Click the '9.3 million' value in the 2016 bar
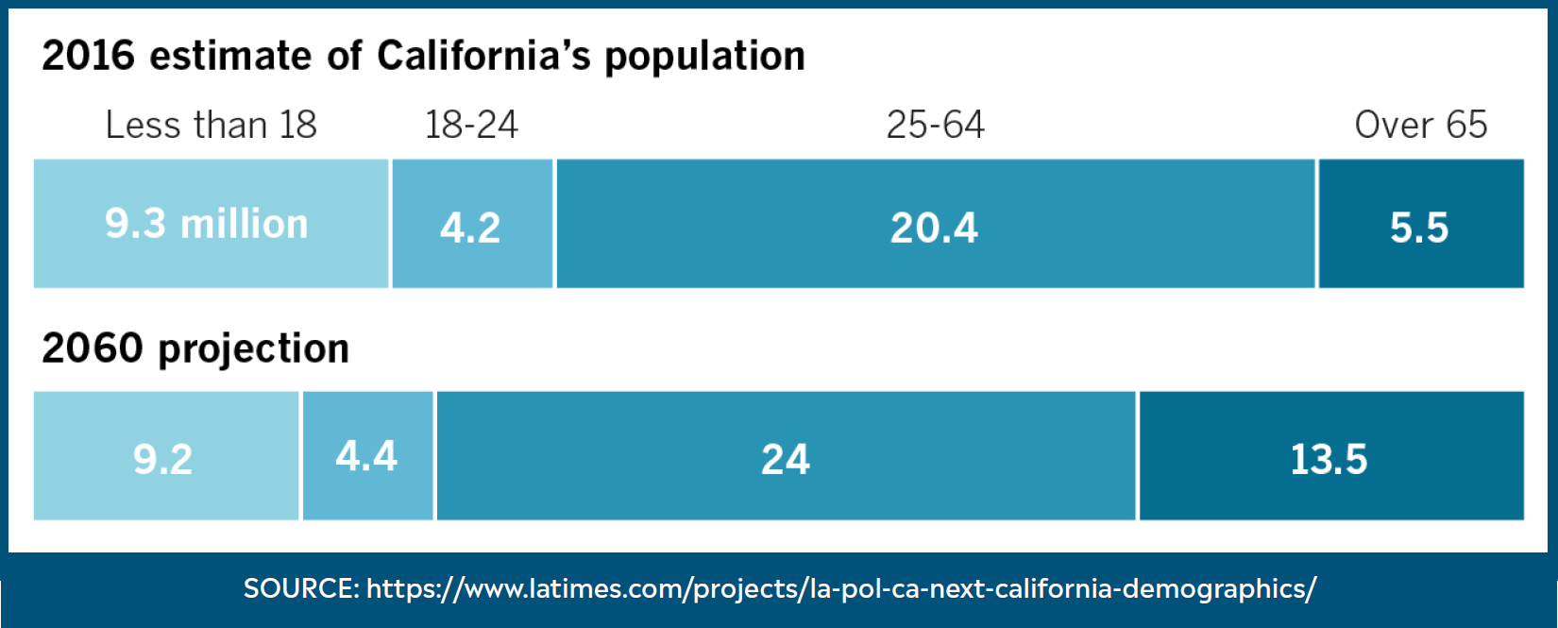coord(207,224)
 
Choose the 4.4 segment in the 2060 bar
coord(367,456)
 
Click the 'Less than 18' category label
coord(211,125)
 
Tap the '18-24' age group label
coord(471,125)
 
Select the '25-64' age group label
coord(935,125)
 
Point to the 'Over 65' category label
coord(1420,125)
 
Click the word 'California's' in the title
coord(483,56)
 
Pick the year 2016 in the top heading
coord(89,56)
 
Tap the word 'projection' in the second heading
coord(254,349)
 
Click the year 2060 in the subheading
coord(93,348)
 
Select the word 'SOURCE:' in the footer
coord(301,588)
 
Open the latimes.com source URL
coord(840,588)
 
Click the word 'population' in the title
coord(704,58)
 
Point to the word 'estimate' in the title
coord(230,56)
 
